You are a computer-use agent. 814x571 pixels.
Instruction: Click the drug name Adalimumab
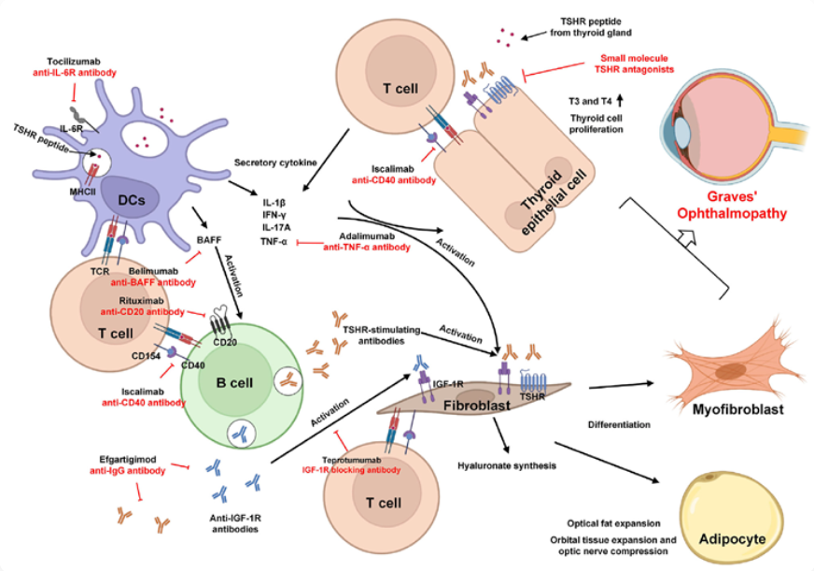356,236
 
